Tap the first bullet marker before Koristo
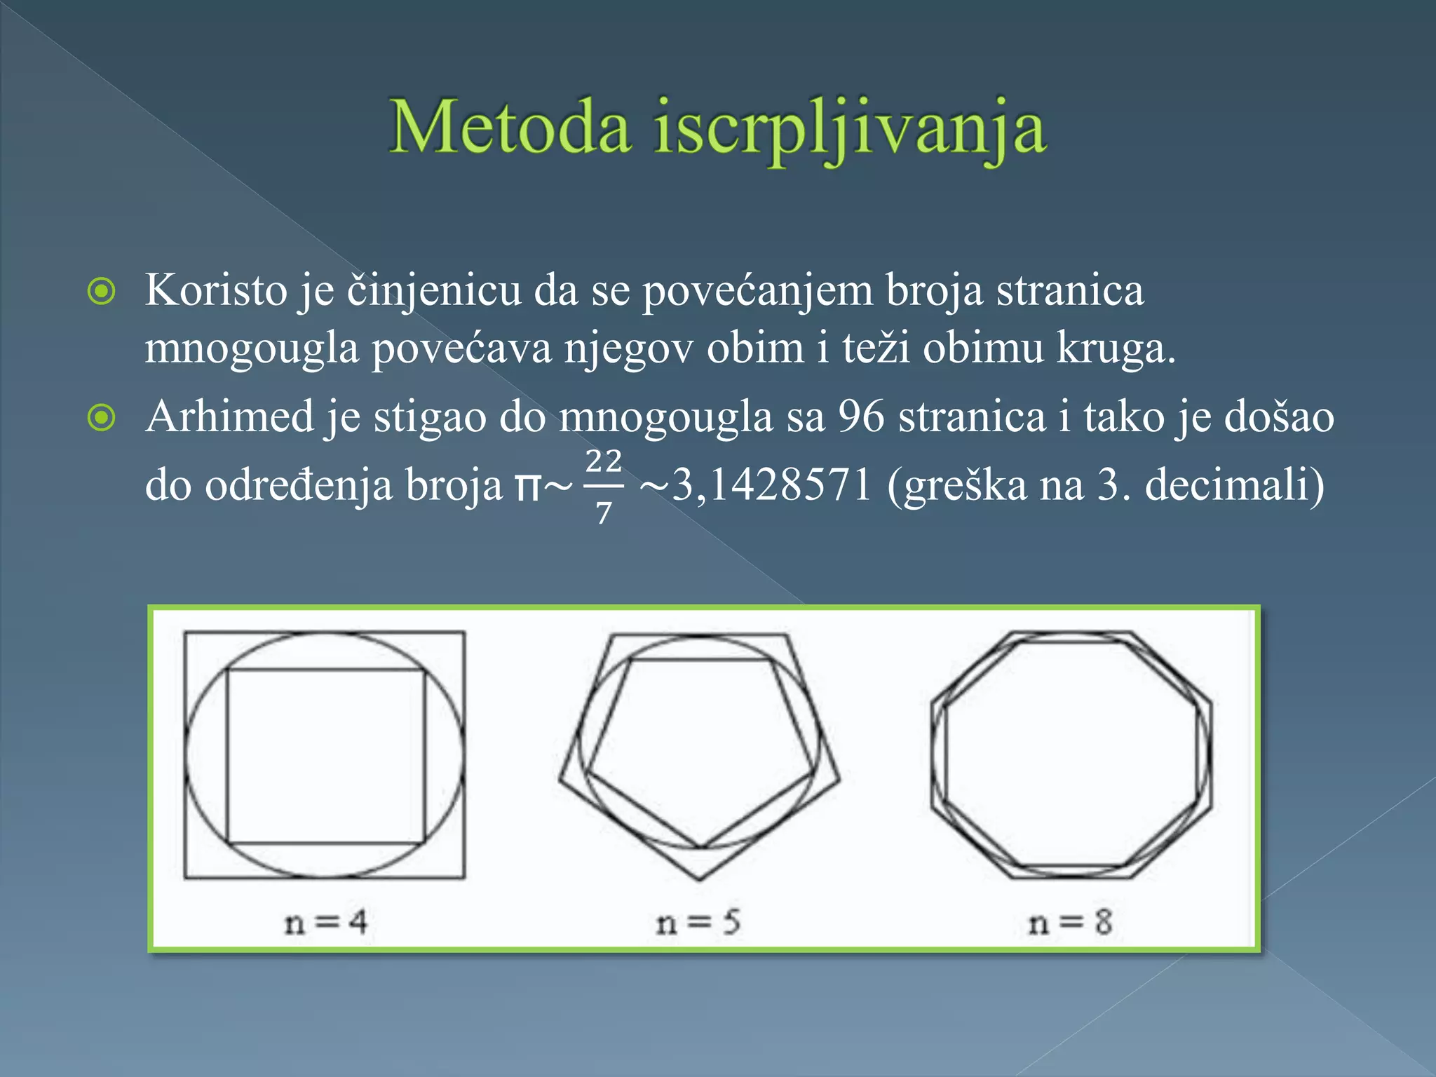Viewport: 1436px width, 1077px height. click(102, 291)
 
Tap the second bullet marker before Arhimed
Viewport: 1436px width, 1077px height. click(102, 418)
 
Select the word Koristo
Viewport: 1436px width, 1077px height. click(216, 290)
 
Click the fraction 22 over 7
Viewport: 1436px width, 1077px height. click(604, 486)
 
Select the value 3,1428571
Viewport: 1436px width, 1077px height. click(771, 485)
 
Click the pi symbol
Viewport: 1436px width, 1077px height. click(528, 487)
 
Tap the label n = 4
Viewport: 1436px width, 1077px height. click(325, 922)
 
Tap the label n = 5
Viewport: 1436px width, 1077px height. click(698, 922)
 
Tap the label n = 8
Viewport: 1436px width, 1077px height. click(1070, 922)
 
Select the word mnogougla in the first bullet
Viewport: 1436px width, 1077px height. click(252, 348)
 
